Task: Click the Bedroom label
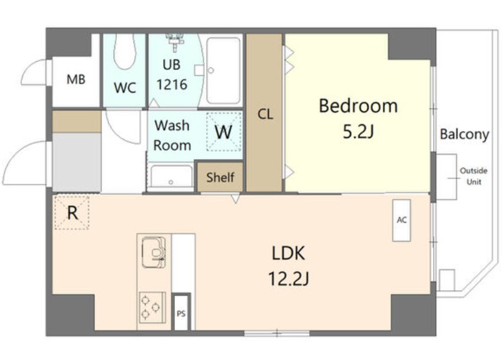(x=358, y=106)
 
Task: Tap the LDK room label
(x=288, y=253)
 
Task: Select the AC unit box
(x=401, y=221)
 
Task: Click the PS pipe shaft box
(x=181, y=312)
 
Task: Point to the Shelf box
(x=220, y=177)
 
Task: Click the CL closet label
(x=266, y=114)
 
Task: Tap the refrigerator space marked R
(x=72, y=212)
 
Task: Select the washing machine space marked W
(x=224, y=131)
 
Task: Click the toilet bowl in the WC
(x=125, y=51)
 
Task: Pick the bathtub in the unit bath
(x=223, y=71)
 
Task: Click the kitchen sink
(x=154, y=252)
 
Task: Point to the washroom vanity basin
(x=171, y=176)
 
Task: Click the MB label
(x=76, y=79)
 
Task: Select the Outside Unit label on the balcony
(x=474, y=176)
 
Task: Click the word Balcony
(x=464, y=134)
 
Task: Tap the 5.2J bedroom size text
(x=358, y=131)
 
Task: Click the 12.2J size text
(x=288, y=278)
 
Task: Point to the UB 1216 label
(x=172, y=75)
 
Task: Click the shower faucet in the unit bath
(x=175, y=42)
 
